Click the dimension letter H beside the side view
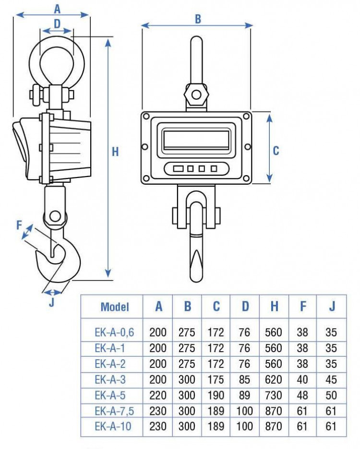115,152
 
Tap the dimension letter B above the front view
197,19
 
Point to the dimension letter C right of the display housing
276,151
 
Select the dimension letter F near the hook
20,224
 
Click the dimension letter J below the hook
51,303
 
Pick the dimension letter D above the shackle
57,23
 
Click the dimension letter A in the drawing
58,8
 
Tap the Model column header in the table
115,307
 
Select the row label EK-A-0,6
114,331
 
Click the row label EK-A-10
113,425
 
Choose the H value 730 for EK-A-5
274,395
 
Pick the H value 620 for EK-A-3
274,379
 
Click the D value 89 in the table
245,395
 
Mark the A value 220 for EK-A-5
158,395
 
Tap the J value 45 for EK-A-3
331,379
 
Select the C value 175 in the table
216,379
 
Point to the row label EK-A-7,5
113,410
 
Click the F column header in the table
303,307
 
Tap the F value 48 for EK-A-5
302,395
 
